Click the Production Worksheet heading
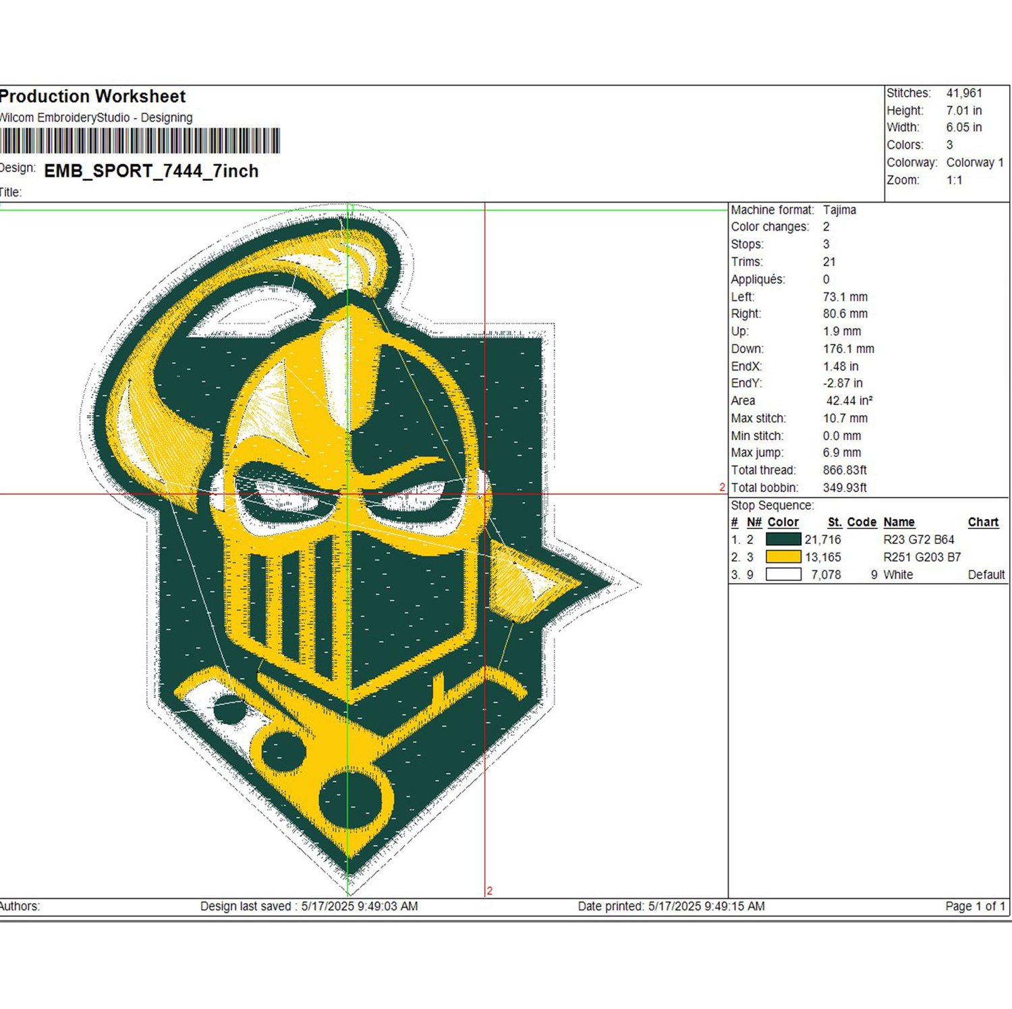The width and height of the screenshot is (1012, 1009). tap(92, 97)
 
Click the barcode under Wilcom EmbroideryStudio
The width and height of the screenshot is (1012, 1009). tap(140, 141)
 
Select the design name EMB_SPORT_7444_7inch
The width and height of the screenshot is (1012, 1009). tap(151, 171)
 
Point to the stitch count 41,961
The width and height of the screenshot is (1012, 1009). tap(964, 93)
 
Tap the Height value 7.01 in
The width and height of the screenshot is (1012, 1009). tap(963, 111)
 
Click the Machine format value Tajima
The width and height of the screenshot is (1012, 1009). tap(839, 210)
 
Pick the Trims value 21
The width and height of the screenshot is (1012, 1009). tap(829, 262)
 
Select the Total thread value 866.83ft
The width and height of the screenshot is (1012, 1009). tap(845, 470)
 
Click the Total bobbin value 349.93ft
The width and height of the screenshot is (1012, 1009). tap(845, 488)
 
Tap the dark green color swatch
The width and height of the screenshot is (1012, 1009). tap(783, 539)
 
